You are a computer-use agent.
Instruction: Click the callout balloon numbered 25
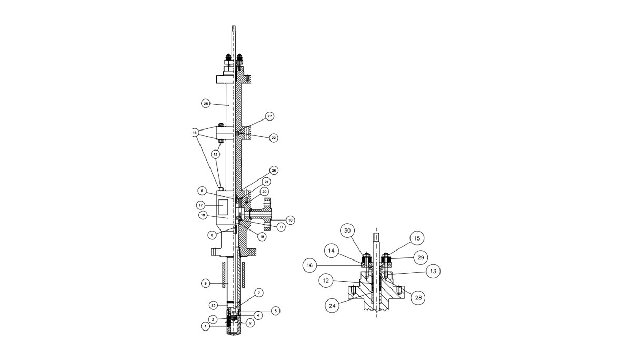(x=206, y=104)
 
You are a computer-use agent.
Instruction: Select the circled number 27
(x=270, y=116)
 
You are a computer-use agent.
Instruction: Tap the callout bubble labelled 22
(x=274, y=138)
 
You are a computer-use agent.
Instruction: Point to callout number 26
(x=274, y=171)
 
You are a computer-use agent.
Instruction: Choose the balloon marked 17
(x=201, y=205)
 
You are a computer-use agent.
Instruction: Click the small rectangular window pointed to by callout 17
(x=223, y=205)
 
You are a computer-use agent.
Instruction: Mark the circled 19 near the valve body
(x=262, y=237)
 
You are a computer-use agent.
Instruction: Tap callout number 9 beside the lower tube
(x=206, y=283)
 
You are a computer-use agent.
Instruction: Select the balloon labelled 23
(x=213, y=305)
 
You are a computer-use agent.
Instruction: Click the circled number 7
(x=258, y=292)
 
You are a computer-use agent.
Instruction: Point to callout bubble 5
(x=276, y=311)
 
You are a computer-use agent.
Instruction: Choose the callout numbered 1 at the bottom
(x=205, y=326)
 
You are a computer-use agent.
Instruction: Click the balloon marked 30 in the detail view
(x=347, y=231)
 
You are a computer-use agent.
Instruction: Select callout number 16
(x=310, y=265)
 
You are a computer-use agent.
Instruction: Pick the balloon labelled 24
(x=333, y=305)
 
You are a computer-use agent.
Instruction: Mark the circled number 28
(x=418, y=297)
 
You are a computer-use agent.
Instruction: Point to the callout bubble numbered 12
(x=326, y=281)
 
